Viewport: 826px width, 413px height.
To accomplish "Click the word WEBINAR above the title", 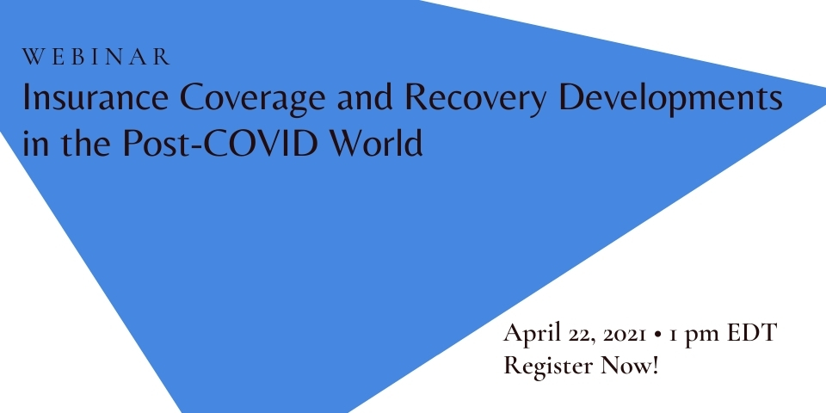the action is point(96,57).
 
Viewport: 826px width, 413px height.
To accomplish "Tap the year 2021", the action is point(625,335).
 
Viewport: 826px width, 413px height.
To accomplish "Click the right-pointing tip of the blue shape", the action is point(825,96).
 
